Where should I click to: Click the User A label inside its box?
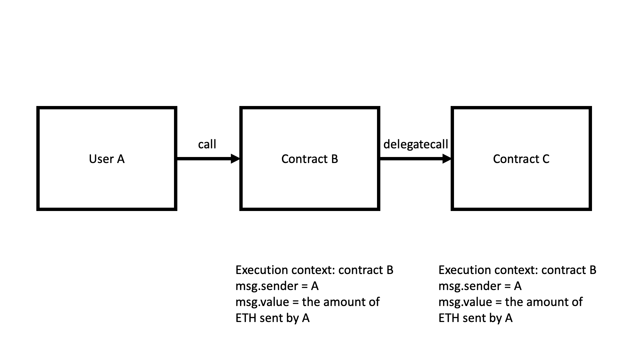click(x=107, y=159)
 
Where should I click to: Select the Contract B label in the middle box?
click(x=310, y=159)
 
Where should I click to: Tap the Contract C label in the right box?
click(x=521, y=159)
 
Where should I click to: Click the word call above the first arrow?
click(x=207, y=144)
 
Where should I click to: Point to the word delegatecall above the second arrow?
click(x=416, y=144)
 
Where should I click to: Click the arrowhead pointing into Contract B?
click(x=235, y=159)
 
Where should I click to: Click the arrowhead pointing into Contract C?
click(x=447, y=159)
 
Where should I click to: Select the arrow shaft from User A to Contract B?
click(x=203, y=159)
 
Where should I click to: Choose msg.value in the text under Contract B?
click(x=261, y=302)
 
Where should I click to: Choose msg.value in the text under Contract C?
click(x=464, y=302)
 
